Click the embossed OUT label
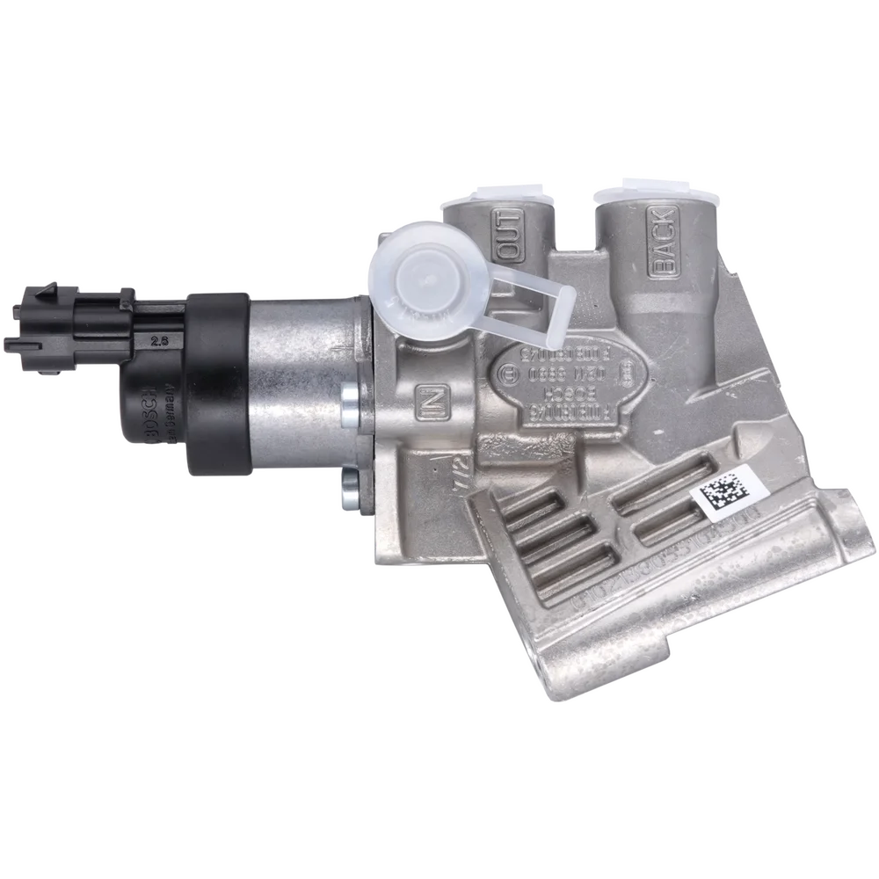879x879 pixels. point(511,233)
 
